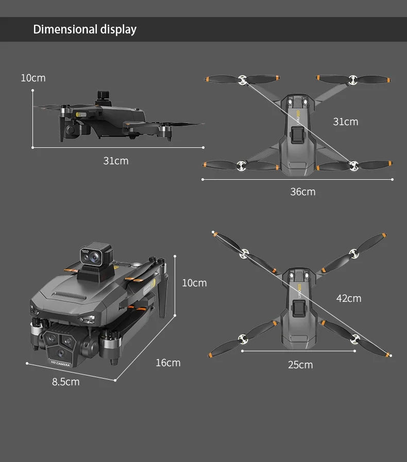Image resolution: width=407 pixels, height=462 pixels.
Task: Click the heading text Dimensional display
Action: pyautogui.click(x=84, y=29)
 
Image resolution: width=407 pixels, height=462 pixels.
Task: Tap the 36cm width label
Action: pyautogui.click(x=302, y=192)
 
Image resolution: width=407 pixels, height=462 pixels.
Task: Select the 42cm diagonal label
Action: pyautogui.click(x=348, y=298)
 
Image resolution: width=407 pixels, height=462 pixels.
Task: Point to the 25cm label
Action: pyautogui.click(x=300, y=365)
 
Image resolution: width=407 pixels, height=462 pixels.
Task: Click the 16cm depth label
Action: pyautogui.click(x=168, y=363)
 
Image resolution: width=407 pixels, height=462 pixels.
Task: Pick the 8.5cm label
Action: pyautogui.click(x=66, y=382)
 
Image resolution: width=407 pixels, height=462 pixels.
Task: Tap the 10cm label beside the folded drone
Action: pyautogui.click(x=194, y=283)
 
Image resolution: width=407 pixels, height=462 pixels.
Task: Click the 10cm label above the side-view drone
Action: pyautogui.click(x=33, y=78)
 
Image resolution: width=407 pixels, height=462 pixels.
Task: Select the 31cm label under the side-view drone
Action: pyautogui.click(x=116, y=161)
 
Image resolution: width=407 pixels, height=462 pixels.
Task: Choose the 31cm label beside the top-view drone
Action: pyautogui.click(x=345, y=122)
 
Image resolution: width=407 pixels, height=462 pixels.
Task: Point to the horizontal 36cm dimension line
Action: pyautogui.click(x=297, y=179)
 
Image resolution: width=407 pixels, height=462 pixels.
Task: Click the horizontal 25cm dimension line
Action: pyautogui.click(x=298, y=351)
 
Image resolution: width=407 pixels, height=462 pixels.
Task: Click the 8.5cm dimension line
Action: pyautogui.click(x=71, y=372)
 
